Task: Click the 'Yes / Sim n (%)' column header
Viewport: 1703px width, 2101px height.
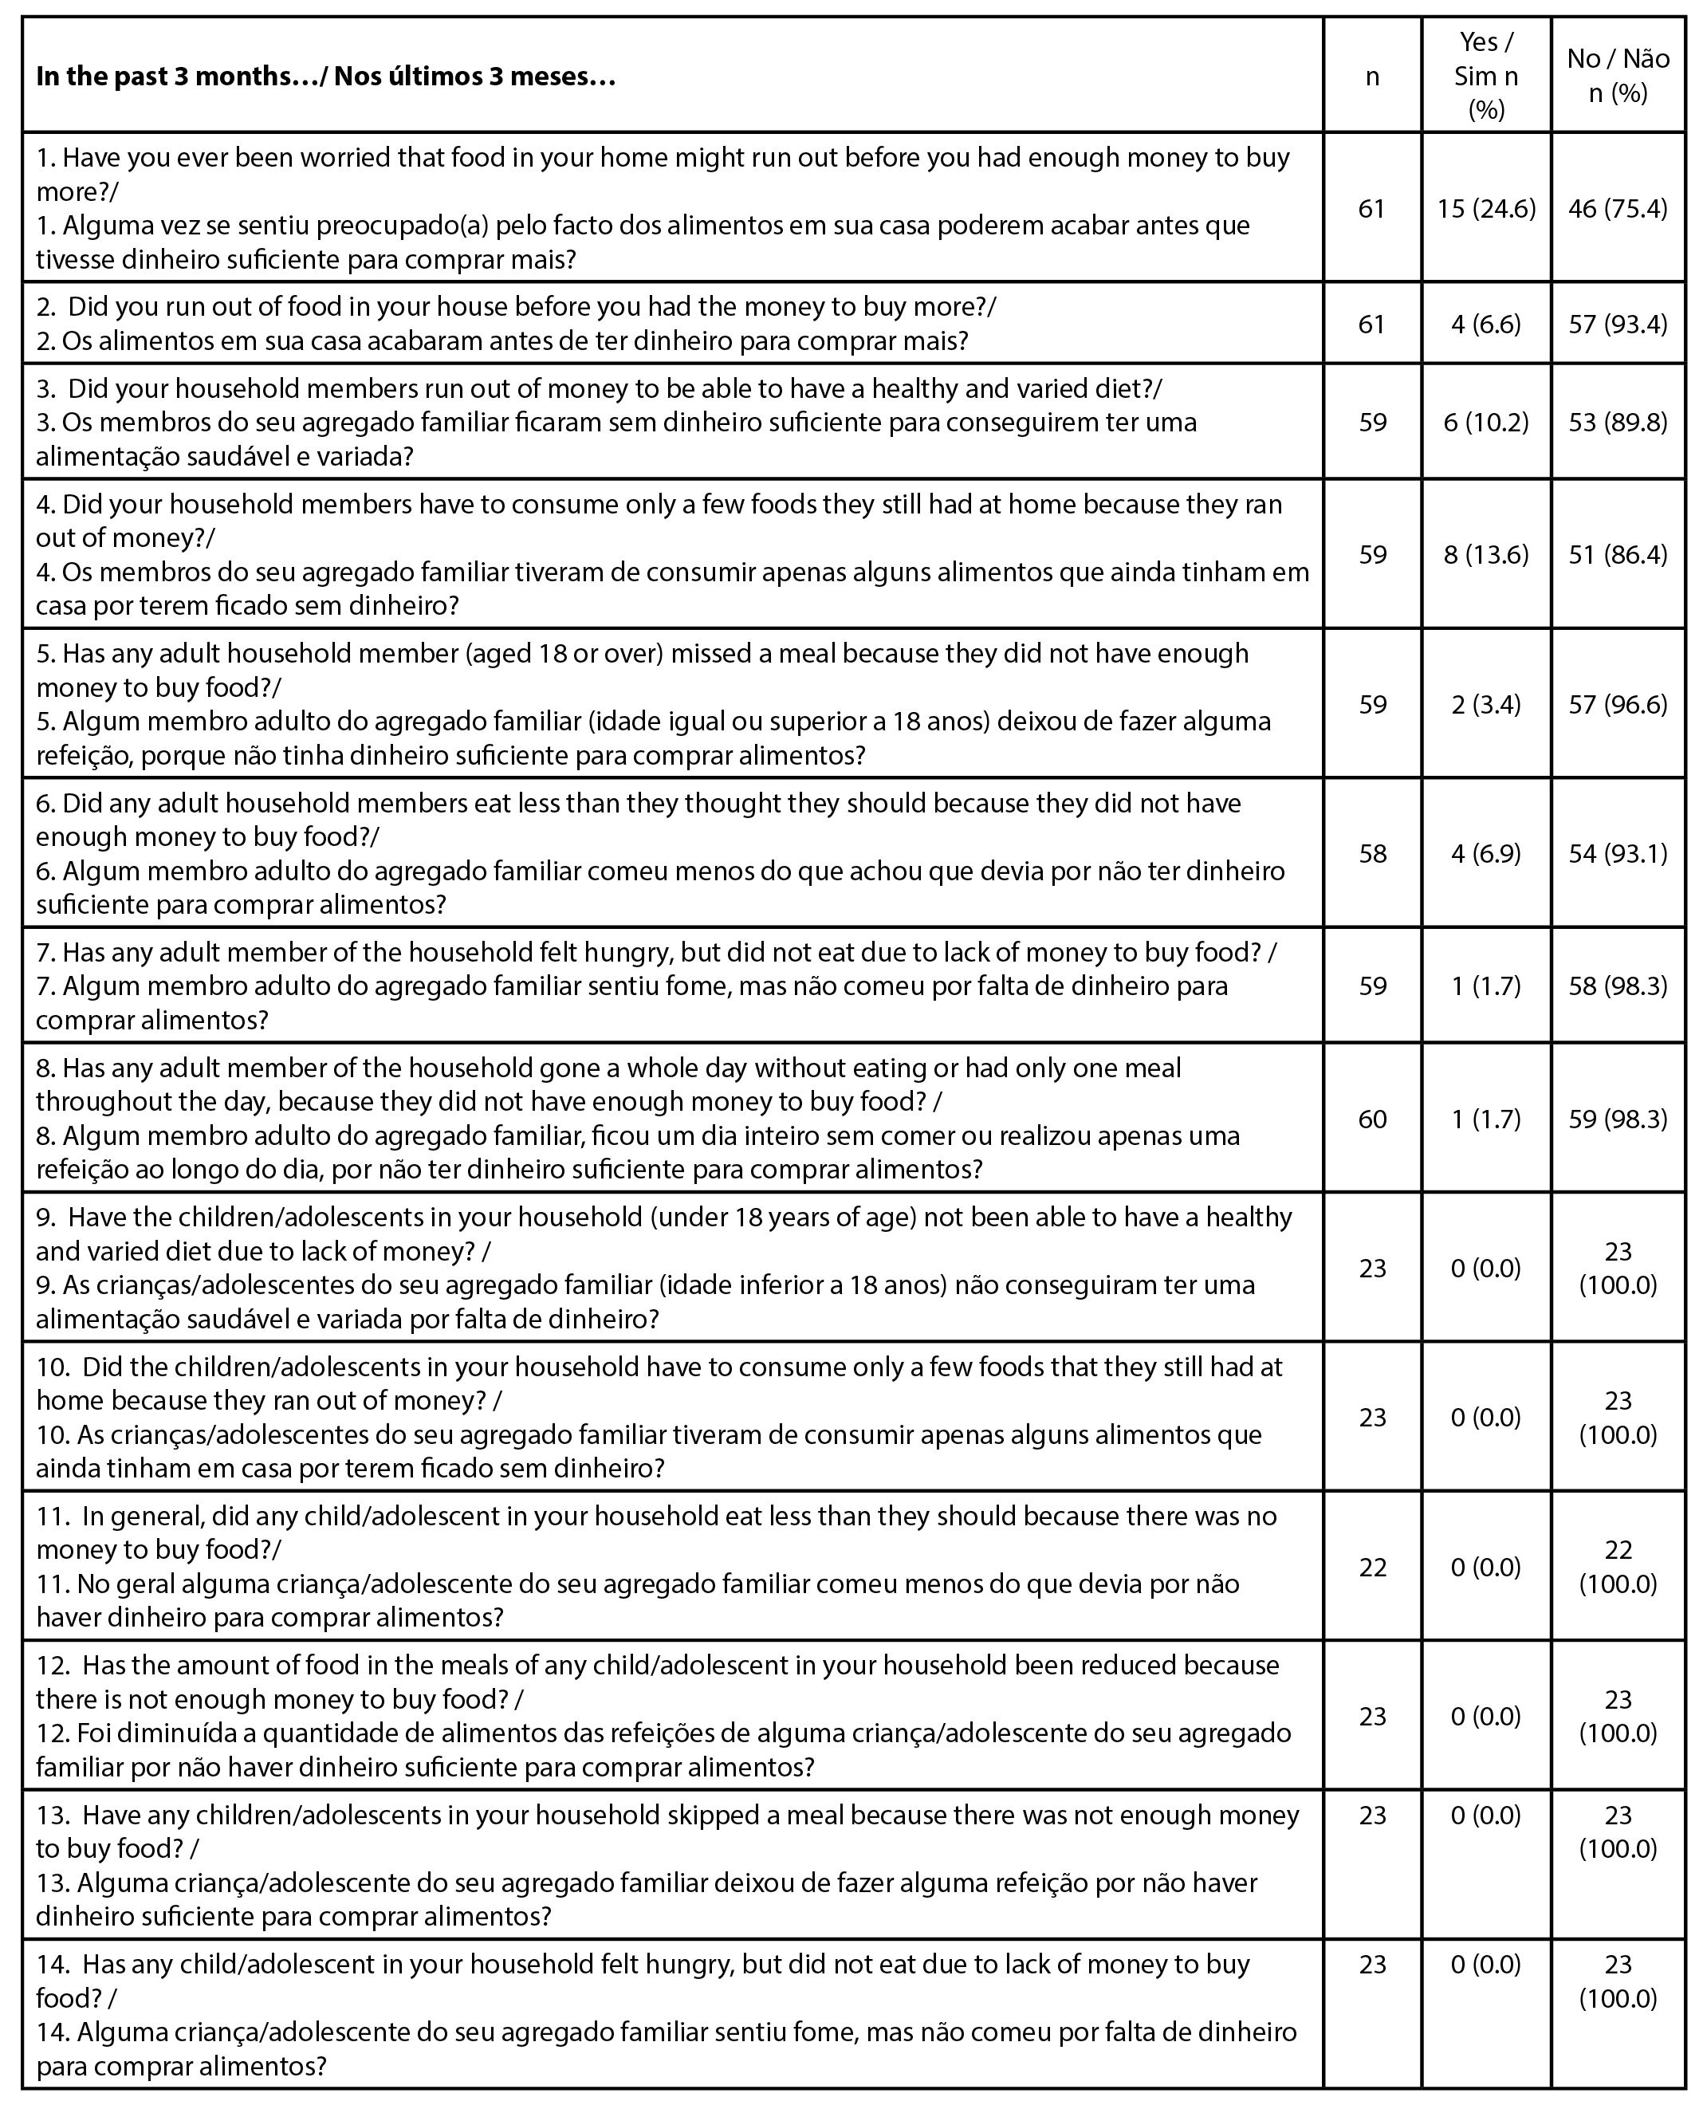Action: (1485, 76)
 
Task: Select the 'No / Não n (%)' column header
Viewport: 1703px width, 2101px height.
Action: (1618, 76)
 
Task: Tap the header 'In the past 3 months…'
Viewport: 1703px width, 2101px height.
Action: (325, 77)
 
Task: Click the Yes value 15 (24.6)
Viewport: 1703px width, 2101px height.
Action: (1485, 209)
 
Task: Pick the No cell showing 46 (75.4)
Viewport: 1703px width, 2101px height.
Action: (1618, 209)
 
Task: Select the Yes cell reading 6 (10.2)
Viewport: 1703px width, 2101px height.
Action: (1485, 423)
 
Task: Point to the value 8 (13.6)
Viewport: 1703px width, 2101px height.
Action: (1485, 555)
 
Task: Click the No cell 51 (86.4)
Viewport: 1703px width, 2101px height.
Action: (1618, 555)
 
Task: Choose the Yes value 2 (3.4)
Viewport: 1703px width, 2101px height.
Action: (1485, 704)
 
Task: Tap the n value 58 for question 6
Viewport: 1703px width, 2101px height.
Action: (1371, 853)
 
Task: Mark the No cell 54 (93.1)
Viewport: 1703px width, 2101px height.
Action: (1618, 853)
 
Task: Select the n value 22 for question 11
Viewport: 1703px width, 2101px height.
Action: (1371, 1567)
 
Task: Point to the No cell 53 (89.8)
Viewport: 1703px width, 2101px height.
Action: (1618, 423)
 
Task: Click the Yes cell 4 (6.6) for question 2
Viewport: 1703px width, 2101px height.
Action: (1485, 324)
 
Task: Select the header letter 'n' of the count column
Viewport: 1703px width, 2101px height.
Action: (1371, 77)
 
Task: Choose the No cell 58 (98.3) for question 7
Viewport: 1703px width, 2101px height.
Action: (1618, 986)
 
